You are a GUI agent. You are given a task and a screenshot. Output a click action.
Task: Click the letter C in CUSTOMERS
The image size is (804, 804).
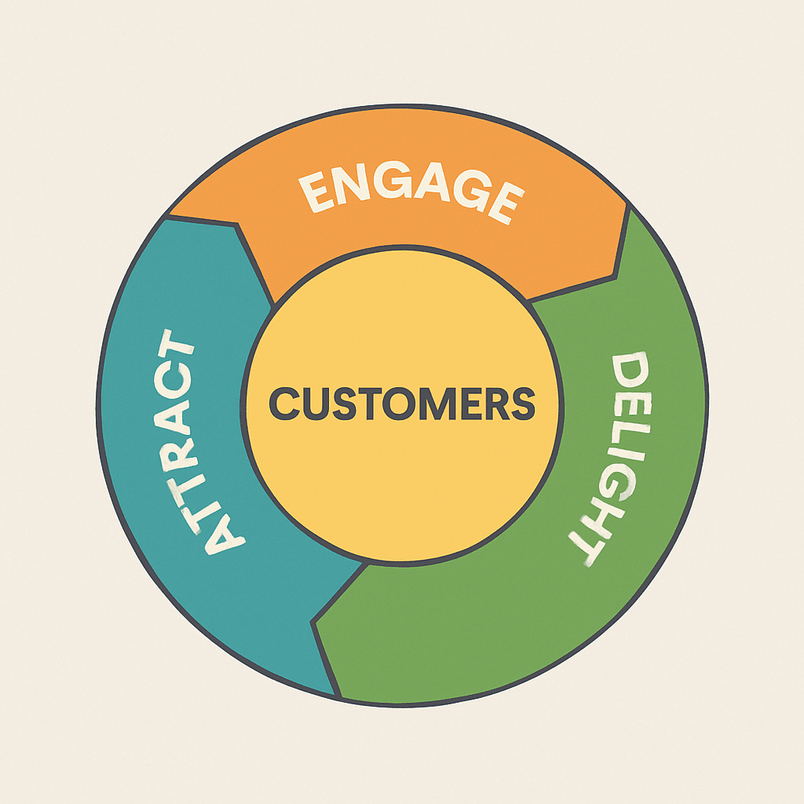click(x=285, y=404)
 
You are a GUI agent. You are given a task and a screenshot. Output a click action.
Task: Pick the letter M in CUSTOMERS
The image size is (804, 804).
click(x=435, y=404)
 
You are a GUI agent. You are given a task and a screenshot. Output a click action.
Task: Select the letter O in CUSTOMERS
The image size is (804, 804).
click(x=400, y=404)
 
